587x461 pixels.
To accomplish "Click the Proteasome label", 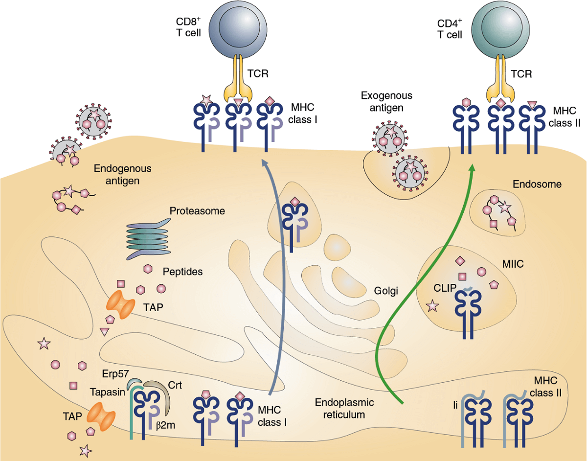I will pyautogui.click(x=197, y=211).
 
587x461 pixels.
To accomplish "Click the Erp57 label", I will pyautogui.click(x=114, y=372).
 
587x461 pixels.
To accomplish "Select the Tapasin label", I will pyautogui.click(x=107, y=392).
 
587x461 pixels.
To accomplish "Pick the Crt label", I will pyautogui.click(x=175, y=385).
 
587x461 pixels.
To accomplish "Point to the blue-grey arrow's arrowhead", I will pyautogui.click(x=264, y=163).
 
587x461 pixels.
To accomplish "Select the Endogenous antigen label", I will pyautogui.click(x=123, y=174).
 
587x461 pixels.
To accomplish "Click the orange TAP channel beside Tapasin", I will pyautogui.click(x=101, y=416).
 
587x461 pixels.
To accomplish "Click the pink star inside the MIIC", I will pyautogui.click(x=432, y=306).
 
